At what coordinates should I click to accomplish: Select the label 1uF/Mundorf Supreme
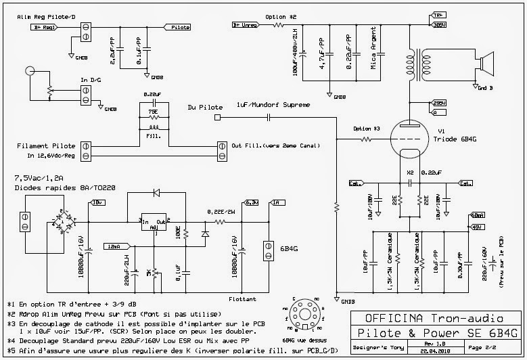(273, 105)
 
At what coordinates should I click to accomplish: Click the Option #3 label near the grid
(367, 129)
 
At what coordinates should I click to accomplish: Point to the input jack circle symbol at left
(29, 72)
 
